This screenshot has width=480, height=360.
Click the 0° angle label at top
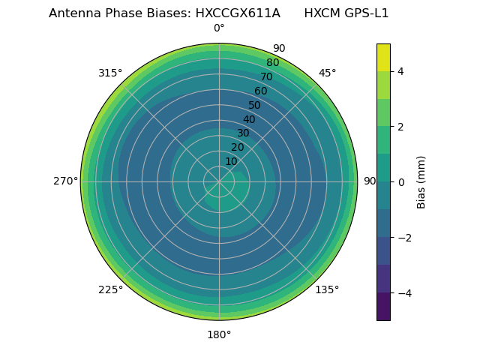coord(219,28)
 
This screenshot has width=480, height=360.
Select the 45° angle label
coord(327,73)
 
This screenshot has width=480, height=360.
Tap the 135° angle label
coord(327,289)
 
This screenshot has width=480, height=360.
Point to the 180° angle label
coord(219,334)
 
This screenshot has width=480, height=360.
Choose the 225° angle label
coord(110,289)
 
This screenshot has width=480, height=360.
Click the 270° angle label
coord(66,181)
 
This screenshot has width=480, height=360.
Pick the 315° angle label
coord(110,73)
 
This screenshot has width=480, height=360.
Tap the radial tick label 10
coord(231,161)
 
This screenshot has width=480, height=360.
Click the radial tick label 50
coord(255,106)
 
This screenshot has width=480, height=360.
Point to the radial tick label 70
coord(266,77)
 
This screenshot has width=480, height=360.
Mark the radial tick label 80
coord(272,63)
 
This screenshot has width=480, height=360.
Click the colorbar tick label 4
coord(400,71)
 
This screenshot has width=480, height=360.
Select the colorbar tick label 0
coord(400,182)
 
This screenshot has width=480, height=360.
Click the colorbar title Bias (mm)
coord(421,182)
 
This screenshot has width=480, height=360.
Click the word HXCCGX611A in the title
coord(239,13)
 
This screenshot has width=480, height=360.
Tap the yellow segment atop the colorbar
coord(383,57)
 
